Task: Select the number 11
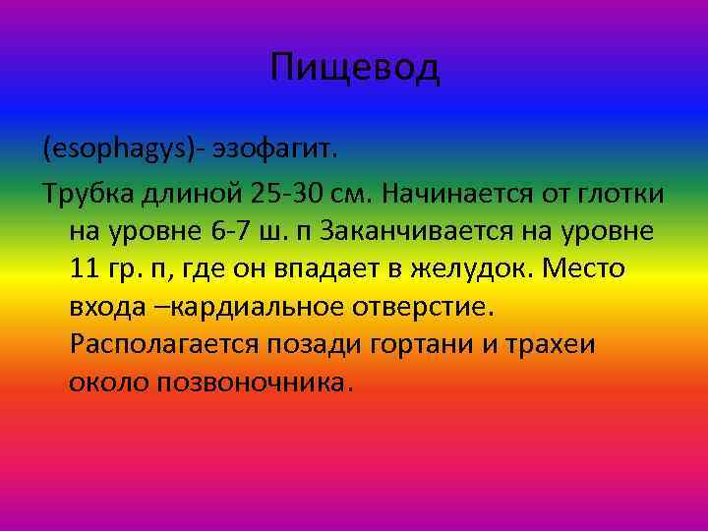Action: [84, 268]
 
